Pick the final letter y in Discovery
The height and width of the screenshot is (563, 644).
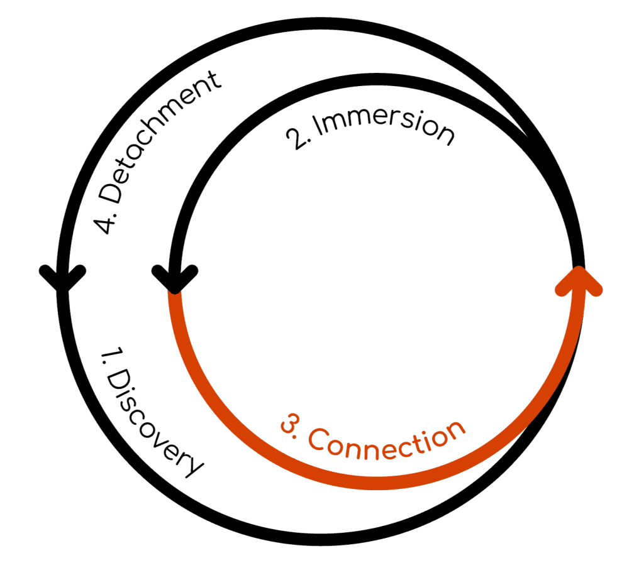(x=193, y=463)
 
